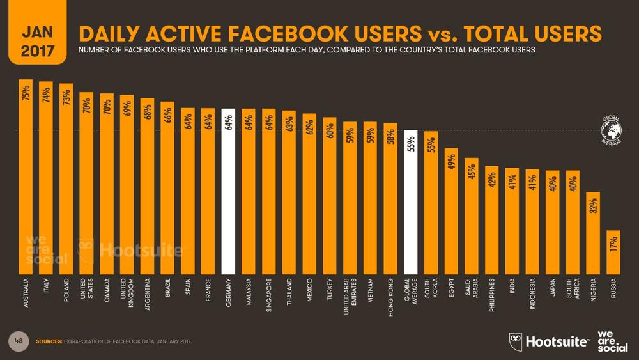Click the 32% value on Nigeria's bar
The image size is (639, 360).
tap(593, 205)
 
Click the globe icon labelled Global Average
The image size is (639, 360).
tap(612, 130)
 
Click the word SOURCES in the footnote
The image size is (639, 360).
tap(48, 341)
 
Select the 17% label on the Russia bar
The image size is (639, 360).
tap(613, 244)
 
